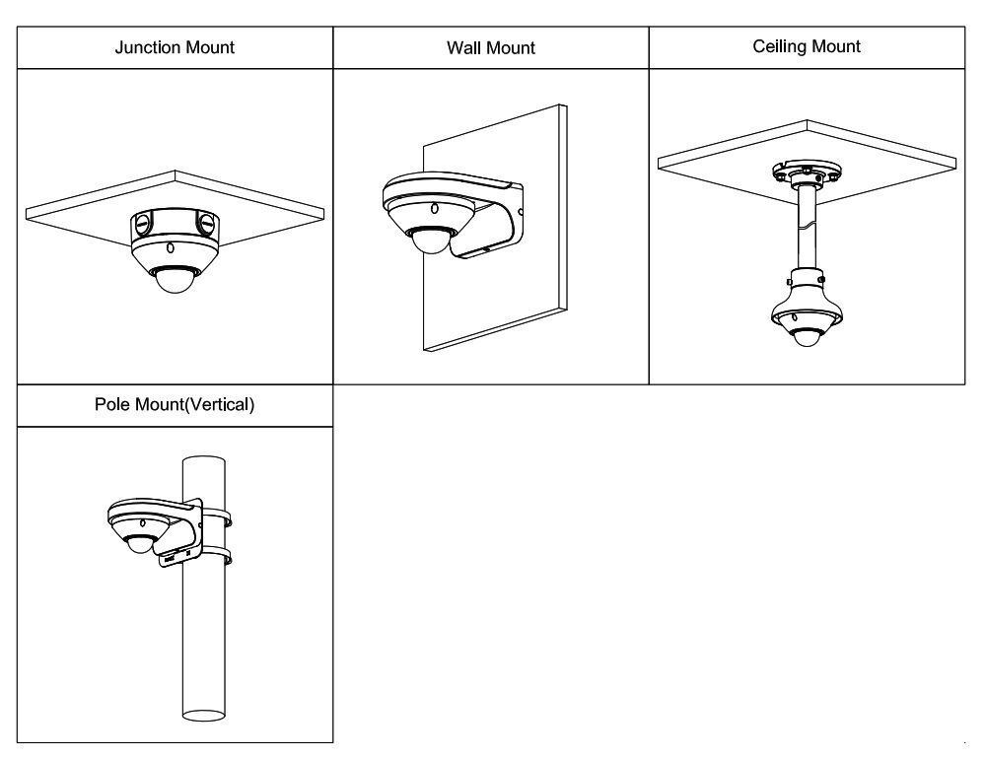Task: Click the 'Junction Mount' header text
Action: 175,47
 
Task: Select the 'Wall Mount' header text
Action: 491,47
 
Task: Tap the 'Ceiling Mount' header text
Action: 807,46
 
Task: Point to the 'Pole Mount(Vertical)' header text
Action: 175,405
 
